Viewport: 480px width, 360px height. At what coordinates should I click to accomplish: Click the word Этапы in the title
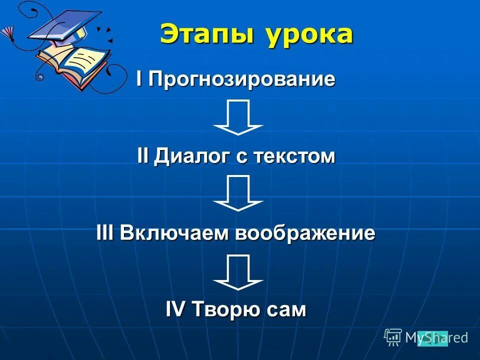point(207,35)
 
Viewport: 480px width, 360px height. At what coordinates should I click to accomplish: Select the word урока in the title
point(309,35)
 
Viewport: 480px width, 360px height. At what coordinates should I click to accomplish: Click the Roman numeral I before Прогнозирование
point(139,79)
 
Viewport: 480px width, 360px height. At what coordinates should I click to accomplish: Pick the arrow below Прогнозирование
point(238,117)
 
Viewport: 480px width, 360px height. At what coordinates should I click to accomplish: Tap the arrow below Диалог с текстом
point(238,193)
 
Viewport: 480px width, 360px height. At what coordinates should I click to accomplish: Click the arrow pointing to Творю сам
point(238,272)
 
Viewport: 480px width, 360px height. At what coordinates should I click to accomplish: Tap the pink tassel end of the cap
point(7,33)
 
